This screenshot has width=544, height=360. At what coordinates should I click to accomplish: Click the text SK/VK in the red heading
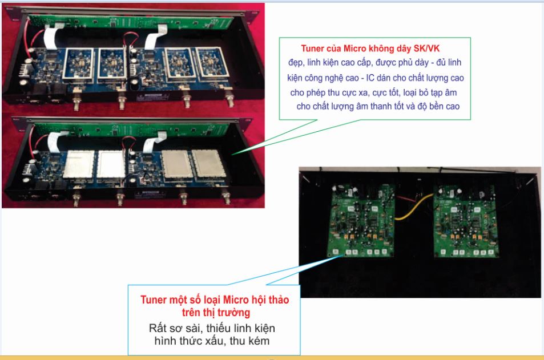click(426, 48)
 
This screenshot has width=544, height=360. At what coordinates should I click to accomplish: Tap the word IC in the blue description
click(370, 78)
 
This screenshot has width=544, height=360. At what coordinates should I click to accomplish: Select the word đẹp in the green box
click(296, 63)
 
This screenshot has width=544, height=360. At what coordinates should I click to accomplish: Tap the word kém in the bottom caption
click(259, 341)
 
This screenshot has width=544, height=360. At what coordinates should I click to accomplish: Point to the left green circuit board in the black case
click(361, 221)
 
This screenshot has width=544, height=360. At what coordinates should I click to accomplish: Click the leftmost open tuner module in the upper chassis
click(78, 64)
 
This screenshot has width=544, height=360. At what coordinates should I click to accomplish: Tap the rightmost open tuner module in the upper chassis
click(212, 62)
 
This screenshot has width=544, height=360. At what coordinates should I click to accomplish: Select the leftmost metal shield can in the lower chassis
click(79, 164)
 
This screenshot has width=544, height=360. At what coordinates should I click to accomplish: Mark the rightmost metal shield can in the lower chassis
click(209, 163)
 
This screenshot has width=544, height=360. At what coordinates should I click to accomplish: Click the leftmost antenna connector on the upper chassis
click(76, 102)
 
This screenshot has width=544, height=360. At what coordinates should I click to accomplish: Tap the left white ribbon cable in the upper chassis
click(53, 38)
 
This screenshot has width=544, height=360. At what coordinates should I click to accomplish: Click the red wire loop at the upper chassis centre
click(131, 38)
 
